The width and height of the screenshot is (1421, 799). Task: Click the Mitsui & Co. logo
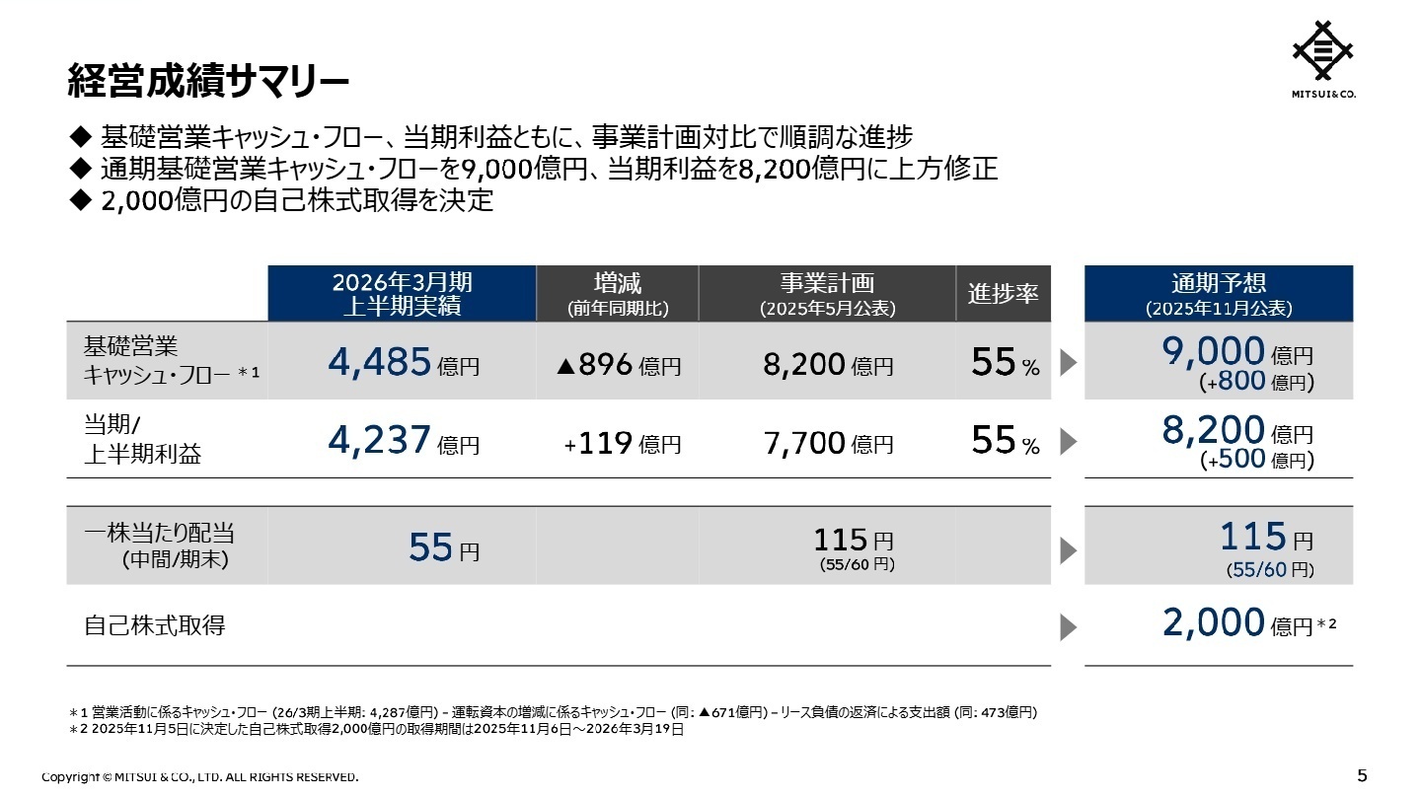point(1323,61)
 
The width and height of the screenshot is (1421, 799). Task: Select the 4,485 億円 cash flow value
point(403,364)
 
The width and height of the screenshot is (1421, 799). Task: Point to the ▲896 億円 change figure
point(618,366)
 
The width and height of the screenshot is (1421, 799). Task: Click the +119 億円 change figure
point(622,445)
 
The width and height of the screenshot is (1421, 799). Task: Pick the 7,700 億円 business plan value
point(828,445)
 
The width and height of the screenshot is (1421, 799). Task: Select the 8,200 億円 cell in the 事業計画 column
point(828,366)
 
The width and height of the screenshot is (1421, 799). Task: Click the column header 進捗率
point(1003,293)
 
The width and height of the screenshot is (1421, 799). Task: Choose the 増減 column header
point(618,293)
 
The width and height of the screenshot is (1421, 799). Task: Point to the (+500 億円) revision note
point(1256,461)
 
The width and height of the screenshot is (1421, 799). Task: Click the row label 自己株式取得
point(154,625)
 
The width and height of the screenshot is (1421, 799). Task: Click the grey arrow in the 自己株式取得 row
point(1068,626)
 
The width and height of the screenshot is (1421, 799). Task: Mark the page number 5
point(1362,775)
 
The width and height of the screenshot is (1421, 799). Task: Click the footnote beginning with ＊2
point(376,730)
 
